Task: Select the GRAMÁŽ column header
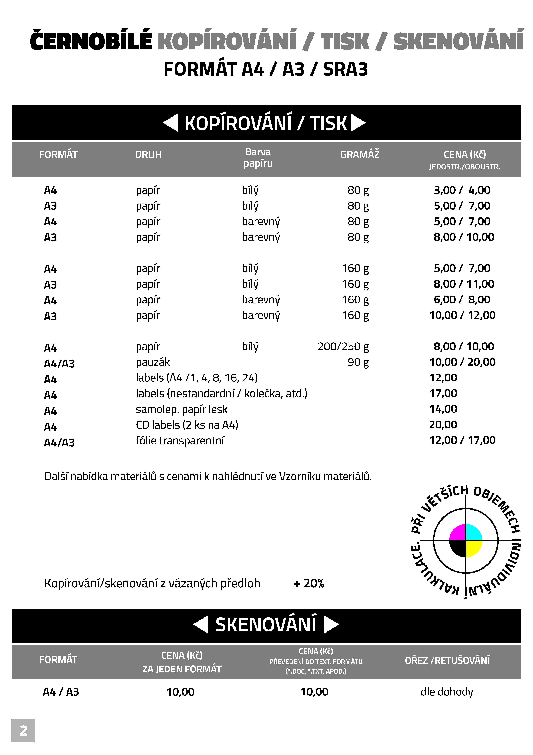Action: coord(360,155)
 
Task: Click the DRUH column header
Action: coord(148,155)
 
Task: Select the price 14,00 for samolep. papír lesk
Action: coord(443,409)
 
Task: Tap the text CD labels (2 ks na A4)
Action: coord(187,425)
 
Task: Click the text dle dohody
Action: coord(447,692)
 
